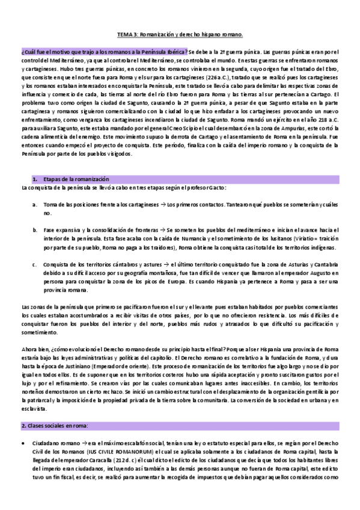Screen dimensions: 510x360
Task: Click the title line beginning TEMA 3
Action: tap(180, 34)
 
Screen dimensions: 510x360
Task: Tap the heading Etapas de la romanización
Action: tap(75, 179)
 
